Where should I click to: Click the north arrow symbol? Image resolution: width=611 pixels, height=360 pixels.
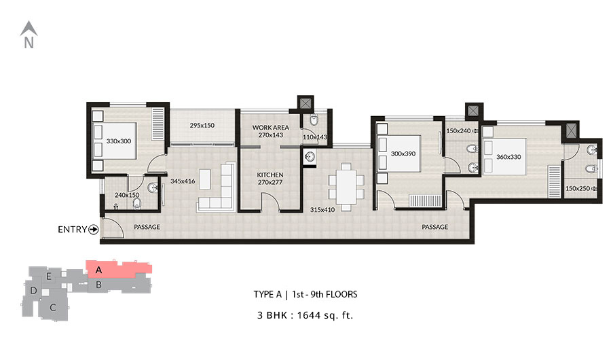pos(29,29)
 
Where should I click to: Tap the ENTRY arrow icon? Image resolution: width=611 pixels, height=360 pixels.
pos(94,230)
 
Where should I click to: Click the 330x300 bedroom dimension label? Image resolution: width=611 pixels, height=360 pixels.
pos(119,141)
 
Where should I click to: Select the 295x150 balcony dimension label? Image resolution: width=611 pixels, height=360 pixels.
pos(202,126)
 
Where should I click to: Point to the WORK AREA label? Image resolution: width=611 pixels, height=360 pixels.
pos(270,128)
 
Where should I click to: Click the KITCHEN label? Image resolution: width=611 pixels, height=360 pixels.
pos(270,175)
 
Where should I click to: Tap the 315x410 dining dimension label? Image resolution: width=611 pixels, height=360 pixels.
pos(322,210)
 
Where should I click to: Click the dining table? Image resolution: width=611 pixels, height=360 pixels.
pos(346,187)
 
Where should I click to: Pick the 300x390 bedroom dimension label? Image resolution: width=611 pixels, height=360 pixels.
pos(403,154)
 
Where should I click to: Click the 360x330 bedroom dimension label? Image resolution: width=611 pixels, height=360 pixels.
pos(508,157)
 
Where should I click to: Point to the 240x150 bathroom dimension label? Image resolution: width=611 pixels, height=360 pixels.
pos(127,195)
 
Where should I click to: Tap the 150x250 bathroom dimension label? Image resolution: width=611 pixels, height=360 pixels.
pos(578,188)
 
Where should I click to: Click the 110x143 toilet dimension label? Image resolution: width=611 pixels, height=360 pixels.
pos(315,137)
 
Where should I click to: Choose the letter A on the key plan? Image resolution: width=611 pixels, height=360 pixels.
pos(98,270)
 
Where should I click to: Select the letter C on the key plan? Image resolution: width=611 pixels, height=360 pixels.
pos(53,308)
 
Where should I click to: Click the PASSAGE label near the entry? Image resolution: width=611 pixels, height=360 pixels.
pos(147,227)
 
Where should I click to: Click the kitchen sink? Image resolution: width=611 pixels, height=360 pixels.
pos(310,157)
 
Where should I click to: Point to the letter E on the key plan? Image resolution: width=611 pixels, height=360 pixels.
pos(49,276)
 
